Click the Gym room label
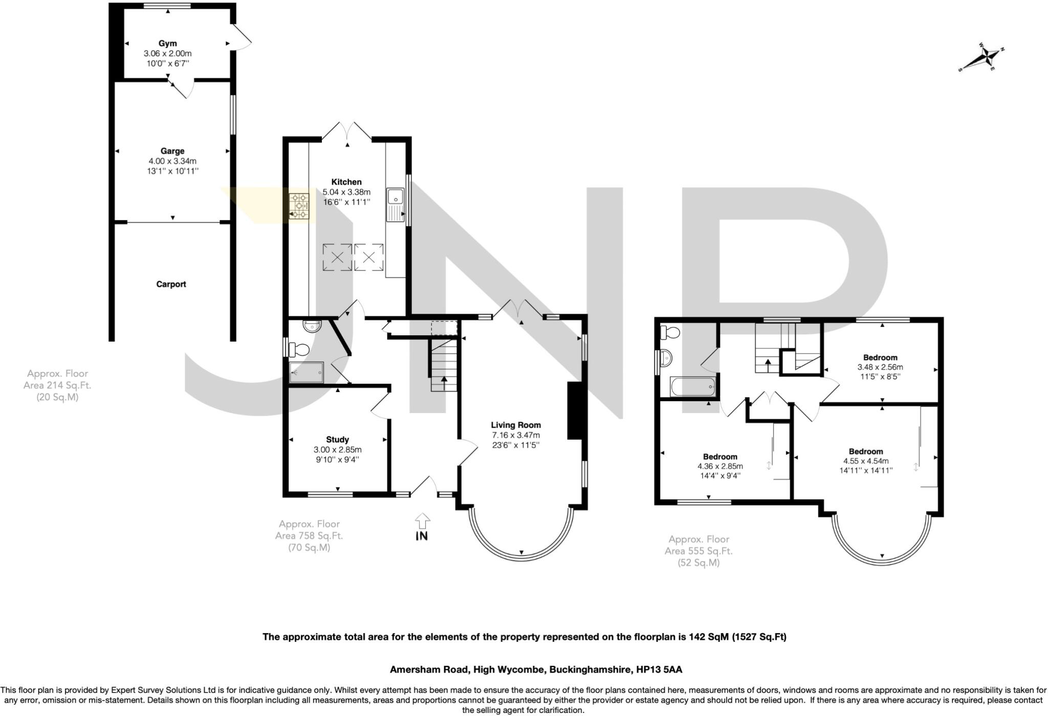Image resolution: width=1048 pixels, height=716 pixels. [x=167, y=44]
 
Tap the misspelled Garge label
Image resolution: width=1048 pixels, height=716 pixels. [x=172, y=151]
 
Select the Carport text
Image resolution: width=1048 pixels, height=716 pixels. [x=171, y=284]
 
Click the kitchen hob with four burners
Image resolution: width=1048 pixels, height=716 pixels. [x=299, y=206]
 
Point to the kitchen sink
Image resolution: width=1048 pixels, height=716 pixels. [x=396, y=198]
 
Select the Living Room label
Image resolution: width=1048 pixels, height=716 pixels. [x=516, y=425]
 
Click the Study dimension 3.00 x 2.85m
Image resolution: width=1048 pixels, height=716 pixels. [x=337, y=450]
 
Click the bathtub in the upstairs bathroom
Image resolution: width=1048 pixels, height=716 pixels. [x=693, y=387]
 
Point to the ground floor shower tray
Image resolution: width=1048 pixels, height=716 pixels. [x=307, y=372]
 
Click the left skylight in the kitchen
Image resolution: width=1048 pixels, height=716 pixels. [x=337, y=257]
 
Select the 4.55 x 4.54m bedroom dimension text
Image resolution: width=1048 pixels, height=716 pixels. [x=866, y=461]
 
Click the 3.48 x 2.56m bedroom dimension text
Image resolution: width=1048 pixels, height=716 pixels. [x=880, y=367]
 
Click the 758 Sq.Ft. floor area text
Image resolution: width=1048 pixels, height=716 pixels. [x=309, y=536]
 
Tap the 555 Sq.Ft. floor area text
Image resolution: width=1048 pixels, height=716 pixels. [x=698, y=551]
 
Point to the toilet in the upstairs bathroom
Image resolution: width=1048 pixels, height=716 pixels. [x=670, y=333]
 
